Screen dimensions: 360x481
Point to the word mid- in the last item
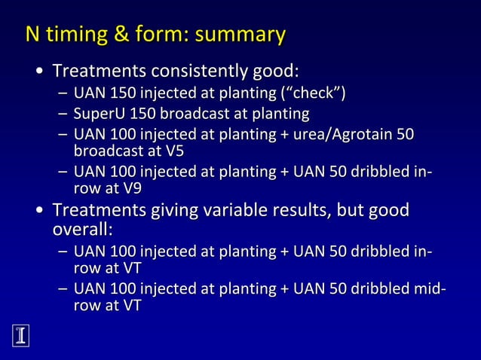point(430,289)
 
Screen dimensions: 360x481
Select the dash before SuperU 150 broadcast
point(62,114)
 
